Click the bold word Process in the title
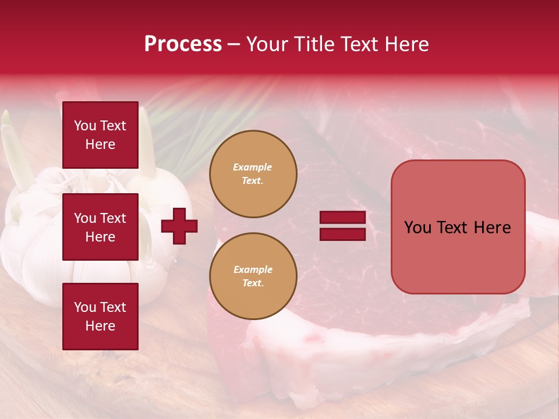pyautogui.click(x=183, y=44)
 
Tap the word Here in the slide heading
pyautogui.click(x=405, y=44)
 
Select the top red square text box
pyautogui.click(x=100, y=135)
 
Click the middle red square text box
pyautogui.click(x=100, y=227)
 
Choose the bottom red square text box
pyautogui.click(x=100, y=316)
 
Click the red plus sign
pyautogui.click(x=179, y=226)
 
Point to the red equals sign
pyautogui.click(x=342, y=226)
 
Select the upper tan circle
pyautogui.click(x=253, y=174)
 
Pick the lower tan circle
pyautogui.click(x=253, y=276)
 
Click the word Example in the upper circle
pyautogui.click(x=252, y=167)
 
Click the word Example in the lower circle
pyautogui.click(x=253, y=269)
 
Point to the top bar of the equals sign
pyautogui.click(x=342, y=218)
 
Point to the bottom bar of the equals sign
pyautogui.click(x=342, y=234)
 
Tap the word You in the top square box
pyautogui.click(x=85, y=126)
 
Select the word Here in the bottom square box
pyautogui.click(x=100, y=326)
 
